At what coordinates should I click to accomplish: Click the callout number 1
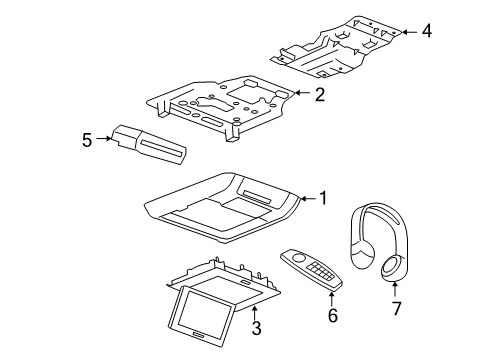(x=322, y=198)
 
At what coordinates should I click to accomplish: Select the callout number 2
(x=319, y=95)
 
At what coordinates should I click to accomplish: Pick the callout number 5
(x=87, y=141)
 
